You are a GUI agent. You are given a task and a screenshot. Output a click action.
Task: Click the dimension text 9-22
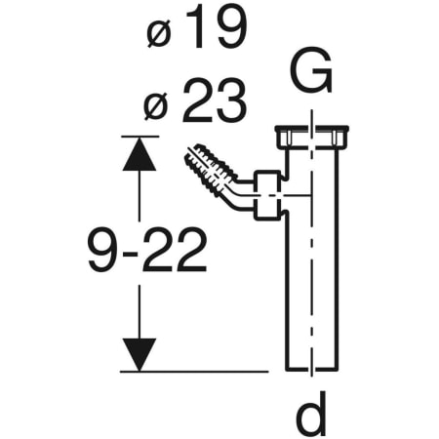point(146,252)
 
